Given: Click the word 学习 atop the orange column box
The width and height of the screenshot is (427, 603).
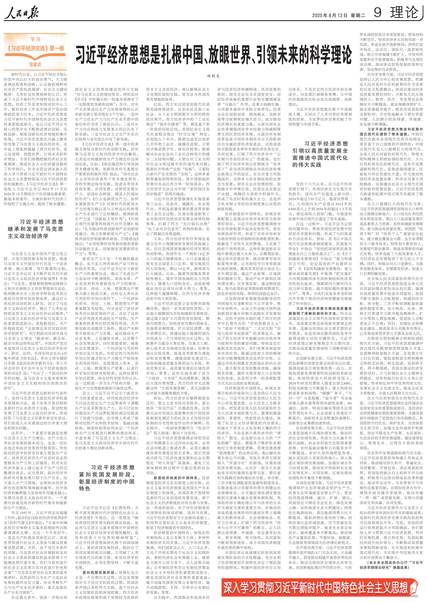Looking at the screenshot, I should pyautogui.click(x=35, y=39).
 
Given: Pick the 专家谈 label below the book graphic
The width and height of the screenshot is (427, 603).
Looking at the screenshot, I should pyautogui.click(x=35, y=64).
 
